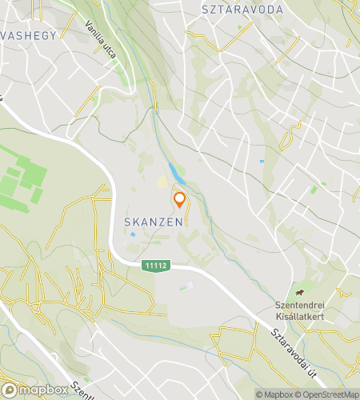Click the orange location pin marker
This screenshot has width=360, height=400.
pyautogui.click(x=179, y=200)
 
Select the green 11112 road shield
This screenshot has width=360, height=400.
pyautogui.click(x=156, y=266)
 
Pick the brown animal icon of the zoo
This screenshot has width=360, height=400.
pyautogui.click(x=299, y=294)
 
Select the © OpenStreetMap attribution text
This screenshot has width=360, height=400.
pyautogui.click(x=328, y=394)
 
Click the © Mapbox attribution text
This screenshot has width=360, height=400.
pyautogui.click(x=274, y=394)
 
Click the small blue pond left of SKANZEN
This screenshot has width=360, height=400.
pyautogui.click(x=130, y=235)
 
